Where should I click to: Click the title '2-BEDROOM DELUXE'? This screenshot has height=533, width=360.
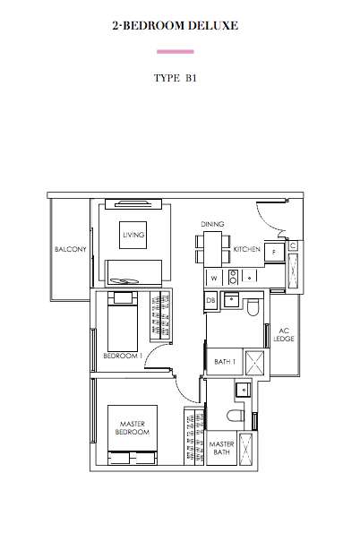click(x=175, y=26)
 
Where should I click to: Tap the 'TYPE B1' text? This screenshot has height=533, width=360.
click(x=175, y=78)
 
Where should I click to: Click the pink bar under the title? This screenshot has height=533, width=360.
click(x=175, y=52)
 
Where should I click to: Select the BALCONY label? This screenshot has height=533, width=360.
click(x=71, y=249)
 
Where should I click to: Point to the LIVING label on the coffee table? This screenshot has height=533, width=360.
click(x=133, y=235)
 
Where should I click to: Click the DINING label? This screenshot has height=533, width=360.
click(x=212, y=224)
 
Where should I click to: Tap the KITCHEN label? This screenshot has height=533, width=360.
click(x=246, y=249)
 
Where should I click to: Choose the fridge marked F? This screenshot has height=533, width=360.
click(x=274, y=253)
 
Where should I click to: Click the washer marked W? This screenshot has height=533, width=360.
click(x=214, y=278)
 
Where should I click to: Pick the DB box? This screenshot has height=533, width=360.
click(x=210, y=300)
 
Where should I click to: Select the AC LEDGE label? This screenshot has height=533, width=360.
click(x=284, y=335)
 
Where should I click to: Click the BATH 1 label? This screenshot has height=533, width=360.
click(x=225, y=362)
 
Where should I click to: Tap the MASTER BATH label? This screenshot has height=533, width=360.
click(x=222, y=448)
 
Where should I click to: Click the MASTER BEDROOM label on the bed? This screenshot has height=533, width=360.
click(x=133, y=428)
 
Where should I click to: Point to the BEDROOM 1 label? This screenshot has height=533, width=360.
click(x=123, y=356)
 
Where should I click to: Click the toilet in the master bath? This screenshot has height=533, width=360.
click(x=236, y=416)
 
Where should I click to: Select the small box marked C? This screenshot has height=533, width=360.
click(x=293, y=245)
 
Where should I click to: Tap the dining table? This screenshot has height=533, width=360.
click(x=212, y=249)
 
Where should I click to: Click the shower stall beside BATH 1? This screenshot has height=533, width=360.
click(x=254, y=362)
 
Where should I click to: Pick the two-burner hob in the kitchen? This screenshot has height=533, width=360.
click(x=233, y=277)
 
